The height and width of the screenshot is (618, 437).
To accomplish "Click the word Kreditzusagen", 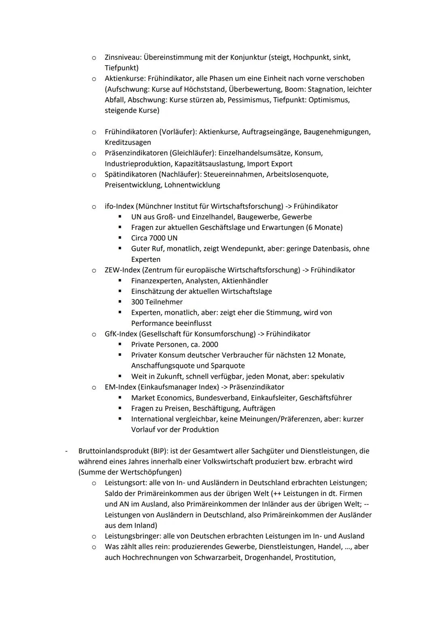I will click(127, 142).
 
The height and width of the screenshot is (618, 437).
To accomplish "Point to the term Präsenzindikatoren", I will click(136, 153).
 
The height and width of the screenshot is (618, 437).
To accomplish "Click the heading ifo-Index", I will click(119, 206).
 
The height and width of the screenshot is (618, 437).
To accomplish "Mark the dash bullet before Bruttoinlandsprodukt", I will click(66, 451).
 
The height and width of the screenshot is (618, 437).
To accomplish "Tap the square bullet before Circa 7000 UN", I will click(120, 238).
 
